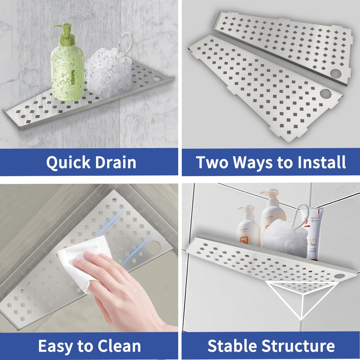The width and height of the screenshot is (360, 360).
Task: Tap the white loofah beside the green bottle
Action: [108, 74]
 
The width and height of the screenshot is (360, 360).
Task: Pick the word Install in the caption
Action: [322, 163]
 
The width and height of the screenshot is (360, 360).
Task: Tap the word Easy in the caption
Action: [56, 346]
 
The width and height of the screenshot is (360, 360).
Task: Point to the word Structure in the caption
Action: [298, 346]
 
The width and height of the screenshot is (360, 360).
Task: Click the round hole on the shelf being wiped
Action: [154, 247]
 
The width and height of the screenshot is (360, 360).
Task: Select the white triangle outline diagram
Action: [302, 300]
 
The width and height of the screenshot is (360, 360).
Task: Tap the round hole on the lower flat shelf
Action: [325, 94]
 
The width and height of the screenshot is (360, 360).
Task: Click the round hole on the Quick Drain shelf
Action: [157, 79]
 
